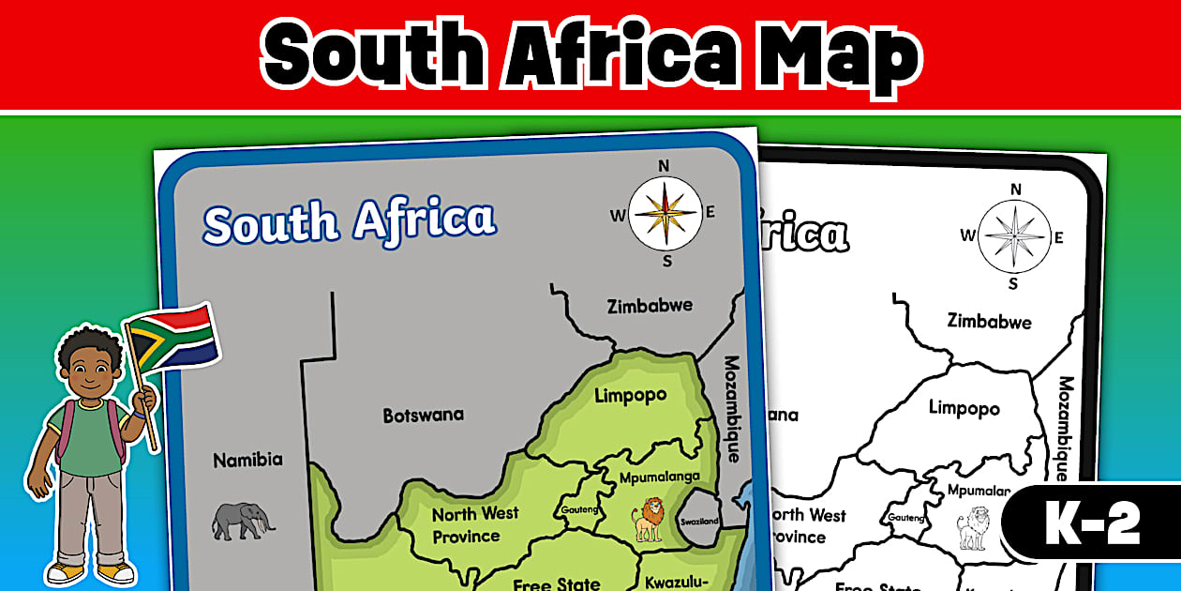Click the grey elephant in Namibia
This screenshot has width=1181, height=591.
point(242,521)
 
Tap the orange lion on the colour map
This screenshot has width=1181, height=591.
point(649,520)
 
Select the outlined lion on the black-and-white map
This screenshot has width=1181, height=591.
point(974,527)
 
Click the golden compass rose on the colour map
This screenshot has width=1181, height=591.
point(664,212)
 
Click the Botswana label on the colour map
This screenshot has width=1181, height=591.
point(423,415)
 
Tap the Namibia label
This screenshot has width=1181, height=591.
point(247,461)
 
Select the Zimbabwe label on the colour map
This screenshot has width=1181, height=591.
point(650,306)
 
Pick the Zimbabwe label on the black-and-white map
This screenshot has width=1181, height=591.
point(989,321)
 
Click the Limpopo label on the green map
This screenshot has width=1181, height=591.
point(631,395)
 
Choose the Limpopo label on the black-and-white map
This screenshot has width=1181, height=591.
point(964,408)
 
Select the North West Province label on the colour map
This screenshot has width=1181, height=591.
point(474,525)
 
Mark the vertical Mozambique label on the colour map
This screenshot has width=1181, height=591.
point(732,407)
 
